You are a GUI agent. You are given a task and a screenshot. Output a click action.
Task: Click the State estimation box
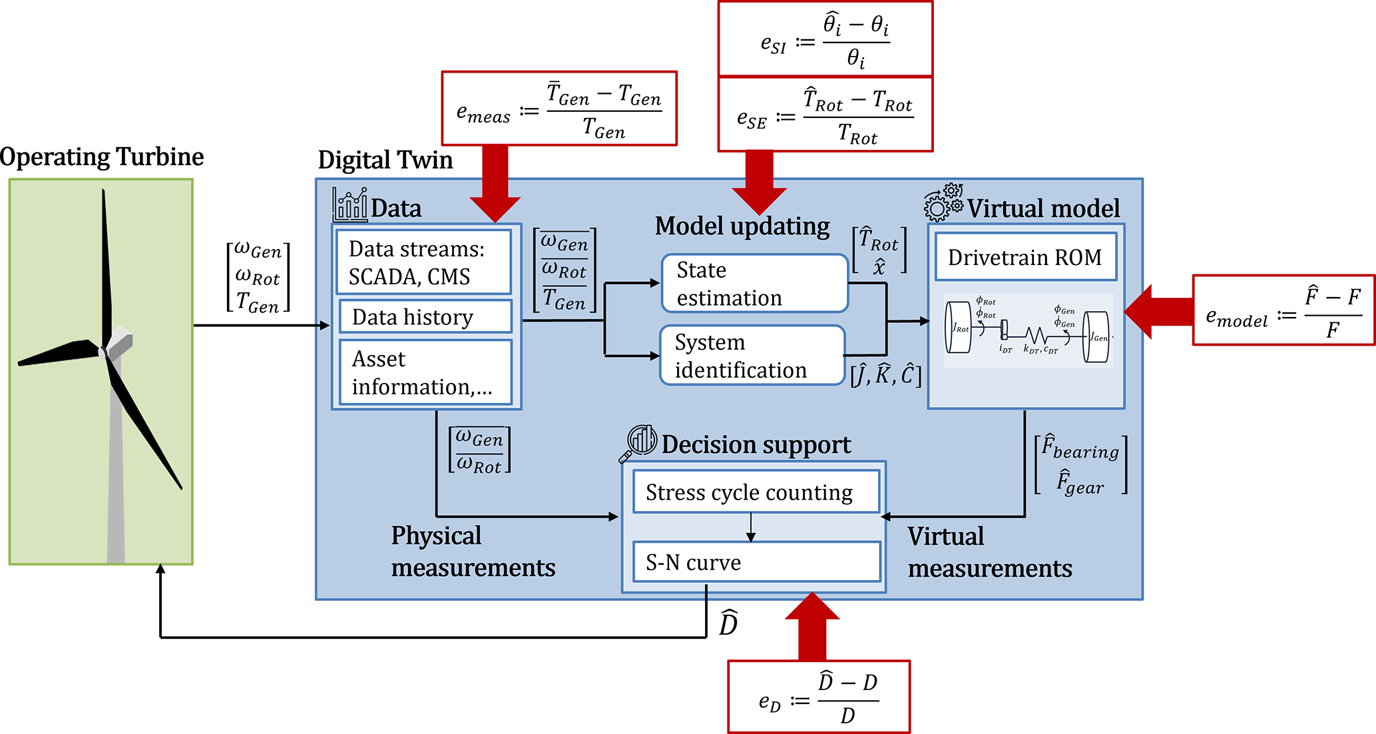point(754,283)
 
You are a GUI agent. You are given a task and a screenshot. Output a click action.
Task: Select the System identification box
point(752,355)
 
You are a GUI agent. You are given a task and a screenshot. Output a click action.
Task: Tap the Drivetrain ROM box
point(1025,257)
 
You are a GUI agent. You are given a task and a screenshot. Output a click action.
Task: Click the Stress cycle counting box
point(756,492)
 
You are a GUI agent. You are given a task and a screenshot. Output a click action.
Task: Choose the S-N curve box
point(756,562)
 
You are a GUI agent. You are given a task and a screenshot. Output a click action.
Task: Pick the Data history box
point(425,317)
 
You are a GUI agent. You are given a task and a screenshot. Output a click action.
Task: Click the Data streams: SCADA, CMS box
point(424,262)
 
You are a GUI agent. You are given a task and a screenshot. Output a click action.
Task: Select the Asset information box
point(425,372)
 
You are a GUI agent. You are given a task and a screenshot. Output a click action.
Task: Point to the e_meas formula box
point(559,109)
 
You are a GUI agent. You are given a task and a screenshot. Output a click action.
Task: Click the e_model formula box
point(1283,310)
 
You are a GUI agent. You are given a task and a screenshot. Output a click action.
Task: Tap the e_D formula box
point(819,697)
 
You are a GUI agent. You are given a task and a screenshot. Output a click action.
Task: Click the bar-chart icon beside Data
point(350,204)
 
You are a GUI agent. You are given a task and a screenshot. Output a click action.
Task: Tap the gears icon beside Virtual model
point(943,202)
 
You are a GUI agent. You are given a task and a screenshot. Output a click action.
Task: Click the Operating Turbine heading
point(102,157)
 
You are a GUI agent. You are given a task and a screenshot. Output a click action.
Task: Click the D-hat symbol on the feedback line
point(729,623)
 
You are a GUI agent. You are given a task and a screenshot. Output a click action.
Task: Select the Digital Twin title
point(385,161)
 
